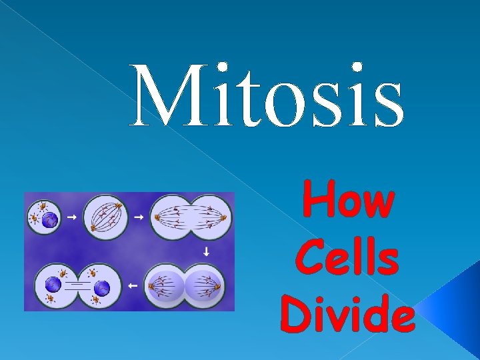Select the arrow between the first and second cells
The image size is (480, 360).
72,217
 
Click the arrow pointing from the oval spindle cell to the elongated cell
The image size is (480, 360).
140,217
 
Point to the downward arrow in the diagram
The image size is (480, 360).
206,252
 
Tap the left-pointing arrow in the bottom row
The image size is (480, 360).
131,285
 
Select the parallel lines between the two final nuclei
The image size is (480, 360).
77,286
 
